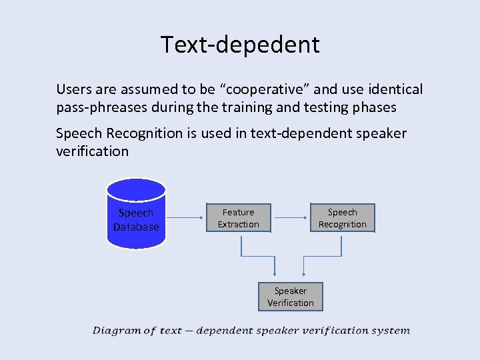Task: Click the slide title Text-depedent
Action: (240, 45)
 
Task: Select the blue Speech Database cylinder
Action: (136, 213)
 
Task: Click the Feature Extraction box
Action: (238, 218)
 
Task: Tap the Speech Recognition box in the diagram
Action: (342, 218)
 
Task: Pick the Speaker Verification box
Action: (290, 297)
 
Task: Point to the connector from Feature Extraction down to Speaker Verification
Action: (257, 256)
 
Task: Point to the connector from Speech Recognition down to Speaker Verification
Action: (323, 256)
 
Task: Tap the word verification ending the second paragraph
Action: (92, 151)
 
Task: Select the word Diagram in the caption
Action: (116, 331)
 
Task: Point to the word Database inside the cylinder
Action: (136, 227)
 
